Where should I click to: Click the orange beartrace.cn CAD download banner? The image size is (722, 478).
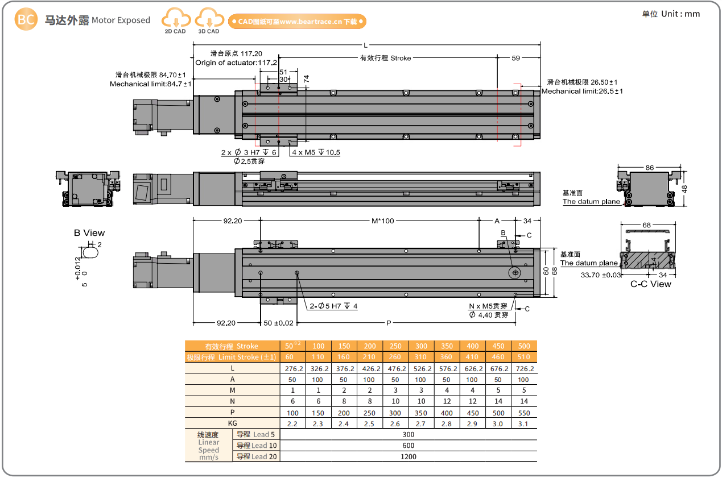tap(297, 22)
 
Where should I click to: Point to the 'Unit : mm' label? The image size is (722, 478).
tap(671, 14)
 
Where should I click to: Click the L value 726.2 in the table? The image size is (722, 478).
tap(524, 368)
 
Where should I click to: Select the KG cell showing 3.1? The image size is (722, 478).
tap(524, 423)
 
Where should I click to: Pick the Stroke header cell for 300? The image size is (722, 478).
tap(421, 346)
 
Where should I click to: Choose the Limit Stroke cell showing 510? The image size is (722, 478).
tap(524, 357)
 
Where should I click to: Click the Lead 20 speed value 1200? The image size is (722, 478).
tap(409, 456)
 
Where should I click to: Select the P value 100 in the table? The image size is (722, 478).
tap(292, 413)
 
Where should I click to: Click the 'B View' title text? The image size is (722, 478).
tap(89, 233)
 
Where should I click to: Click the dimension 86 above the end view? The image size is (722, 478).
tap(650, 168)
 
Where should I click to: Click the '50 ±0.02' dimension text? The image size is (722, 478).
tap(279, 323)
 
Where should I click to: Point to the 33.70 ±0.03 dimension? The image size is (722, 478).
tap(601, 275)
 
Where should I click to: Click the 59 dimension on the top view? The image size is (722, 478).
tap(515, 58)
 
